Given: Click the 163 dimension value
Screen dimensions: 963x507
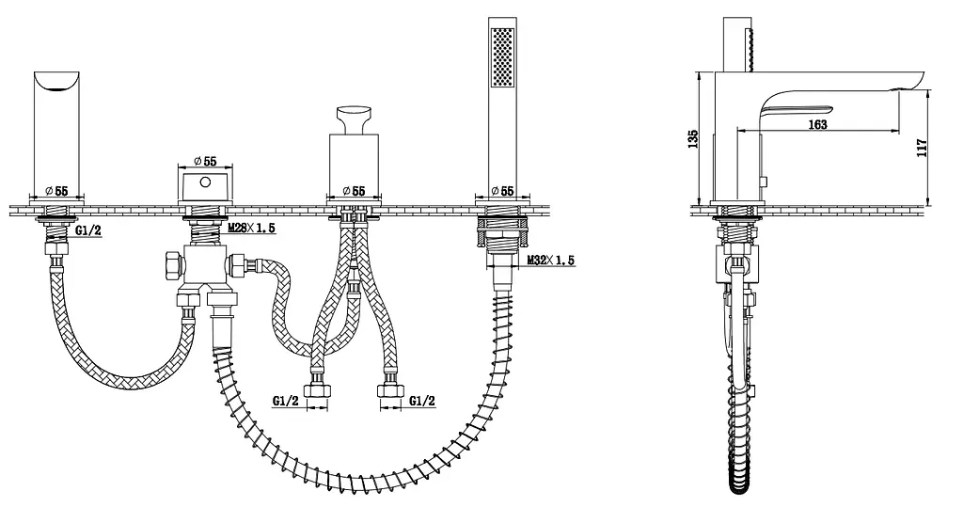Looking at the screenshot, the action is pyautogui.click(x=817, y=125).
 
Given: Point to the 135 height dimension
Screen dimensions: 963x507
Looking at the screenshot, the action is pyautogui.click(x=693, y=139).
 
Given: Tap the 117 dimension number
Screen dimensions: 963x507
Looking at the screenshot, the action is pyautogui.click(x=922, y=148).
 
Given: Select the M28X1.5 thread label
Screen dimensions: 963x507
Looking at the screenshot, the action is pyautogui.click(x=252, y=228).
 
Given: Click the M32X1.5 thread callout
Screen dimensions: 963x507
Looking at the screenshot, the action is pyautogui.click(x=551, y=260).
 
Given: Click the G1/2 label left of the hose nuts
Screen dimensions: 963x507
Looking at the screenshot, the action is pyautogui.click(x=286, y=402).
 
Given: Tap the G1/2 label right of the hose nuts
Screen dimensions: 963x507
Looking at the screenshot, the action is pyautogui.click(x=422, y=402).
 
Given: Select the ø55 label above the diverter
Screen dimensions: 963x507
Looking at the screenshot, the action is pyautogui.click(x=205, y=161).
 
